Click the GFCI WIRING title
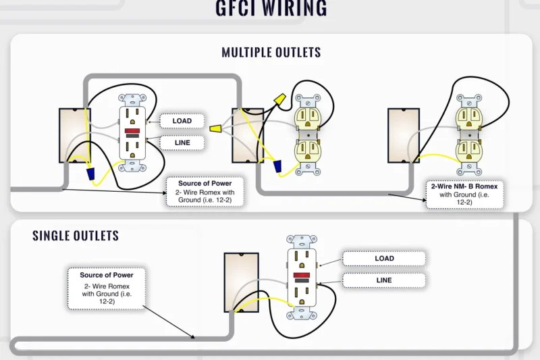click(x=271, y=8)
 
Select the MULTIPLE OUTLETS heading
click(x=271, y=52)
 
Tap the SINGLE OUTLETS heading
click(x=76, y=236)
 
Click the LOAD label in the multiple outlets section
click(x=182, y=121)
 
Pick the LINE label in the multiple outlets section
click(x=182, y=143)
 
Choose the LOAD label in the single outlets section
click(x=384, y=259)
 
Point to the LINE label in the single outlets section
click(x=384, y=280)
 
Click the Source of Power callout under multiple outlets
click(x=205, y=192)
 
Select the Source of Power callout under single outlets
click(x=106, y=288)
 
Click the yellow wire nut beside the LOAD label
click(x=217, y=128)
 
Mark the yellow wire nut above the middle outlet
click(x=277, y=100)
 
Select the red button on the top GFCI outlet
click(x=132, y=130)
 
